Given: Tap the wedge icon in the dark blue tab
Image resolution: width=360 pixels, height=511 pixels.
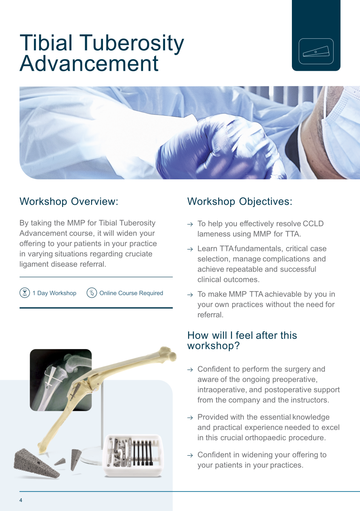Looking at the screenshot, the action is pyautogui.click(x=316, y=52).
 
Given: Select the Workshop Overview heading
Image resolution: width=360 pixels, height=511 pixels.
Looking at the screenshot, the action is pyautogui.click(x=69, y=201).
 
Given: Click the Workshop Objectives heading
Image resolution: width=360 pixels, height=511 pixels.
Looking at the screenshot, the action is pyautogui.click(x=240, y=201).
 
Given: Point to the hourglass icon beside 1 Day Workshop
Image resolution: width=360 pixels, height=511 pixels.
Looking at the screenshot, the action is pyautogui.click(x=25, y=293).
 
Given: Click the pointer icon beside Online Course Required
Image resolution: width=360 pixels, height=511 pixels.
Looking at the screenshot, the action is pyautogui.click(x=91, y=293).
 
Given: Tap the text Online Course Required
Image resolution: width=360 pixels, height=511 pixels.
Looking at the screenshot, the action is pyautogui.click(x=131, y=293).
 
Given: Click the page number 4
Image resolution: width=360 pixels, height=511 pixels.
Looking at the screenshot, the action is pyautogui.click(x=21, y=500).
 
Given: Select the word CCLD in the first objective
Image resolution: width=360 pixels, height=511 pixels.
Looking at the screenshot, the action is pyautogui.click(x=313, y=224).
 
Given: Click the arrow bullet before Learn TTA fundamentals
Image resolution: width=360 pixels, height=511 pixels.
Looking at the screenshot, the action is pyautogui.click(x=190, y=249).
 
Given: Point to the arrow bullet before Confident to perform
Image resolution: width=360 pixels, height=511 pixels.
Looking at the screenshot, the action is pyautogui.click(x=190, y=370).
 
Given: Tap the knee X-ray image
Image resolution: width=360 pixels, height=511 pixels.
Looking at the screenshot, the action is pyautogui.click(x=61, y=379).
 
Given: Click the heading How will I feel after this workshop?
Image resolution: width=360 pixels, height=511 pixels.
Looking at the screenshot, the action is pyautogui.click(x=242, y=340).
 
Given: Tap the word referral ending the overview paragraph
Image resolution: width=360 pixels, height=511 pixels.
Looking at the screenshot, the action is pyautogui.click(x=93, y=264).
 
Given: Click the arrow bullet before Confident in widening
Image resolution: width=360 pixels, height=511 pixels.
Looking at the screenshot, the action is pyautogui.click(x=190, y=456).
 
